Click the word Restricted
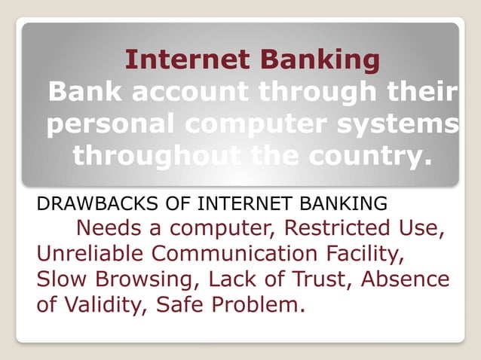click(x=339, y=227)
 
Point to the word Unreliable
click(x=84, y=253)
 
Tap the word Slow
click(x=58, y=279)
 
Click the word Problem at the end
click(x=259, y=306)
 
